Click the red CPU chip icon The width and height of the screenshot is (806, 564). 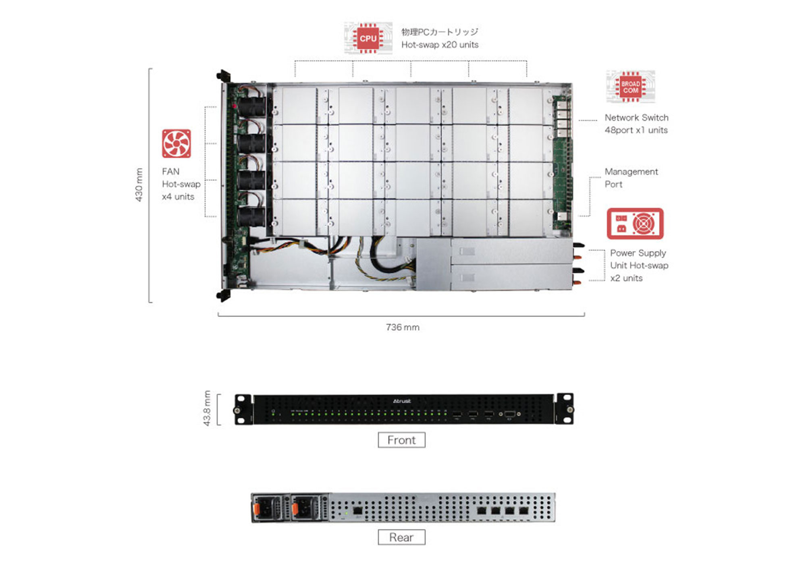(x=368, y=38)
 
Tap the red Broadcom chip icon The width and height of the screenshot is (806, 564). (x=630, y=87)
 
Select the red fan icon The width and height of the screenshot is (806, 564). (x=176, y=144)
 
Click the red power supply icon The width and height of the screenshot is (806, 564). (x=635, y=224)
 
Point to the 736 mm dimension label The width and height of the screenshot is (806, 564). (x=402, y=327)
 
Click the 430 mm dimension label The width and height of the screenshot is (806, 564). (x=139, y=185)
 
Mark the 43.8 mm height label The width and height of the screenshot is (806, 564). (x=207, y=408)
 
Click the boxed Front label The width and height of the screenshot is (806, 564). (x=401, y=440)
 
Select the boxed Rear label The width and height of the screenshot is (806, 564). (x=401, y=537)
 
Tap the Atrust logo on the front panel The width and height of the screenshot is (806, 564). (x=402, y=401)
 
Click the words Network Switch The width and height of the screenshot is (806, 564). (x=636, y=118)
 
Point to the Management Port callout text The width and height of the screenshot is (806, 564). (x=631, y=178)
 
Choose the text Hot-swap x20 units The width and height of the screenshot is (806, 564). (x=440, y=45)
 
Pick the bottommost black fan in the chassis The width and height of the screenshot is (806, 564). (x=251, y=217)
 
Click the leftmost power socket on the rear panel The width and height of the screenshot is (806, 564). (x=268, y=508)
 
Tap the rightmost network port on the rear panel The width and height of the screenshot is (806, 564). (x=523, y=510)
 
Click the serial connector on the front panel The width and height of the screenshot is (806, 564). (x=509, y=414)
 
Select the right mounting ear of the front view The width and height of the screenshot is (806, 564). (x=564, y=409)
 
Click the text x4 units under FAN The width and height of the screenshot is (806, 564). (x=178, y=197)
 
